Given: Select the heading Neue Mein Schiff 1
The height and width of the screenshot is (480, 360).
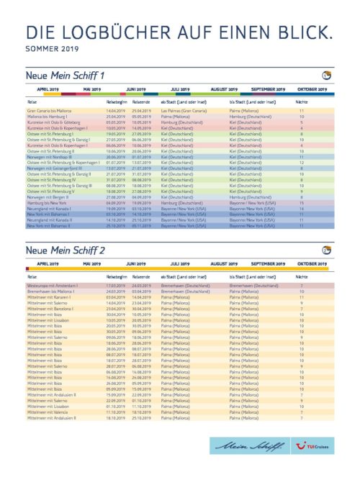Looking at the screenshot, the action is click(65, 76).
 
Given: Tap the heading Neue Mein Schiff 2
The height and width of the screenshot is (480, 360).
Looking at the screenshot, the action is click(65, 250).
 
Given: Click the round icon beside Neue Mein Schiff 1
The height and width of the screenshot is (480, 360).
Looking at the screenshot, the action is click(327, 76).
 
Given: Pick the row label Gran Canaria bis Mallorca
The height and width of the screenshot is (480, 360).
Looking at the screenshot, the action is click(51, 111).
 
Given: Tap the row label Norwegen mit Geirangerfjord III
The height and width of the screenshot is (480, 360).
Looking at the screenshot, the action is click(57, 168).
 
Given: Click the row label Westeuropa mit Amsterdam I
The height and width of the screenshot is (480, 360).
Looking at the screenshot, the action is click(53, 285).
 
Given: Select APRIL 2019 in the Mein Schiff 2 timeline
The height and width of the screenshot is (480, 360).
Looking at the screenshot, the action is click(48, 263).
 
